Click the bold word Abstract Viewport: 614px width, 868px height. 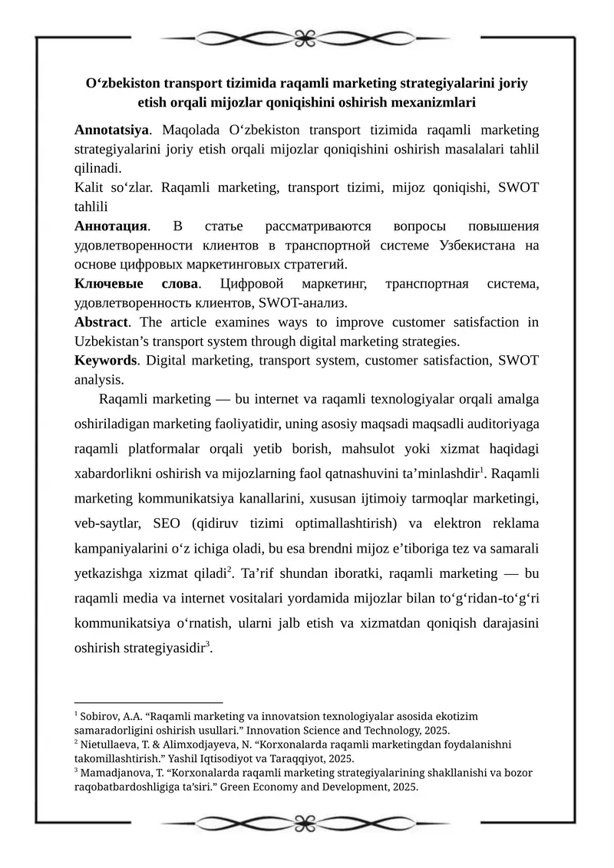[x=100, y=322]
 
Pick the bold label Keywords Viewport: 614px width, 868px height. [x=106, y=360]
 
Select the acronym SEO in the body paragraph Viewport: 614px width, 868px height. [x=167, y=523]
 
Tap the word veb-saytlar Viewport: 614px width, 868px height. [x=106, y=523]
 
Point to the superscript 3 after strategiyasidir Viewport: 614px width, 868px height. [x=209, y=642]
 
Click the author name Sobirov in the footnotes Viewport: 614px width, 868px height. [x=97, y=716]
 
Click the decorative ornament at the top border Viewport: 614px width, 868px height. [x=307, y=36]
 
